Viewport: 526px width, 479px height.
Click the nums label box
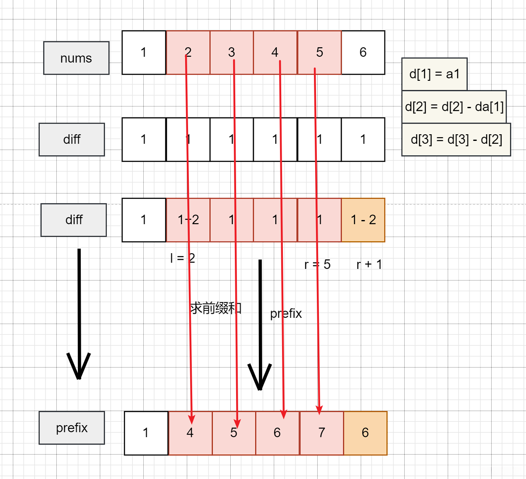[76, 58]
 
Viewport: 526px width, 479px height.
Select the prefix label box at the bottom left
[72, 428]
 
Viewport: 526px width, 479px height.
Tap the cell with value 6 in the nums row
[363, 52]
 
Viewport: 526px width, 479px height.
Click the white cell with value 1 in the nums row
[144, 52]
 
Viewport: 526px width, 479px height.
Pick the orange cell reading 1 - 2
[363, 220]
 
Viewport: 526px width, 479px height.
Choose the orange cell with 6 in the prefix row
[365, 433]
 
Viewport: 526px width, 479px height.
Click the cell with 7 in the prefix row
[322, 433]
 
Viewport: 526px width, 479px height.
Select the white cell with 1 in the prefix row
[146, 433]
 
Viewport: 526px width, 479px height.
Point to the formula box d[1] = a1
[434, 74]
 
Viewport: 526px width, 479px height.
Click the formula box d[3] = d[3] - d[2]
[456, 139]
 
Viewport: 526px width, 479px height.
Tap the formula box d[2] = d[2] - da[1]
[454, 107]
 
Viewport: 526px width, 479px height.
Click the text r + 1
[369, 264]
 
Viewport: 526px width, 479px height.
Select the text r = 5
[317, 264]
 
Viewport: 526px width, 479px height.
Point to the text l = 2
[182, 258]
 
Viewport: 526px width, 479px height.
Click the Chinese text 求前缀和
[215, 308]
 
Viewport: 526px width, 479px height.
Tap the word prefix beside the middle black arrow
[286, 314]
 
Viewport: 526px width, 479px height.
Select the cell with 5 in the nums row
[319, 52]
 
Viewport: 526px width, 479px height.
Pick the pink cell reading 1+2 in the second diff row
[188, 220]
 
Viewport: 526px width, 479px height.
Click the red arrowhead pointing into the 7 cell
[319, 410]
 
